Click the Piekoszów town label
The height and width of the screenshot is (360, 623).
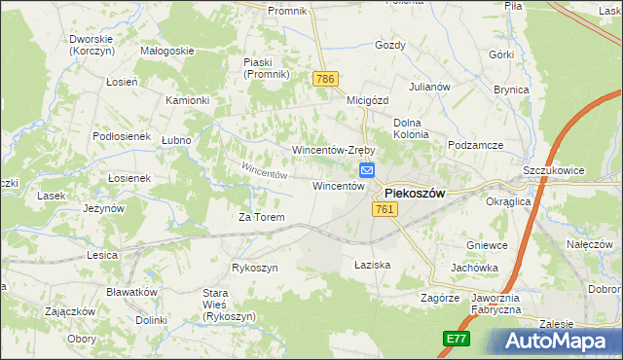point(415,193)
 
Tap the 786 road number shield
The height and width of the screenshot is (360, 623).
point(325,77)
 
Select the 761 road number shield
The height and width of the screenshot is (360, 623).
point(383,210)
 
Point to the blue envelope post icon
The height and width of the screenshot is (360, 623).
point(367,170)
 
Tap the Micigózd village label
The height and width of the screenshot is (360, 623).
point(368,99)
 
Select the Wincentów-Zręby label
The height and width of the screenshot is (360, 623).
point(334,150)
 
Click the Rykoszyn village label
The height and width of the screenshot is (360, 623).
point(255,268)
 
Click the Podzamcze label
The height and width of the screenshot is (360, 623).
point(476,145)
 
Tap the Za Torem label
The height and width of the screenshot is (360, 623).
point(262,217)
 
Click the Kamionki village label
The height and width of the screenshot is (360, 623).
point(188,100)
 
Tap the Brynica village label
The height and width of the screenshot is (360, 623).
point(511,90)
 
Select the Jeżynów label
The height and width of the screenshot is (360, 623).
point(103,208)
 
